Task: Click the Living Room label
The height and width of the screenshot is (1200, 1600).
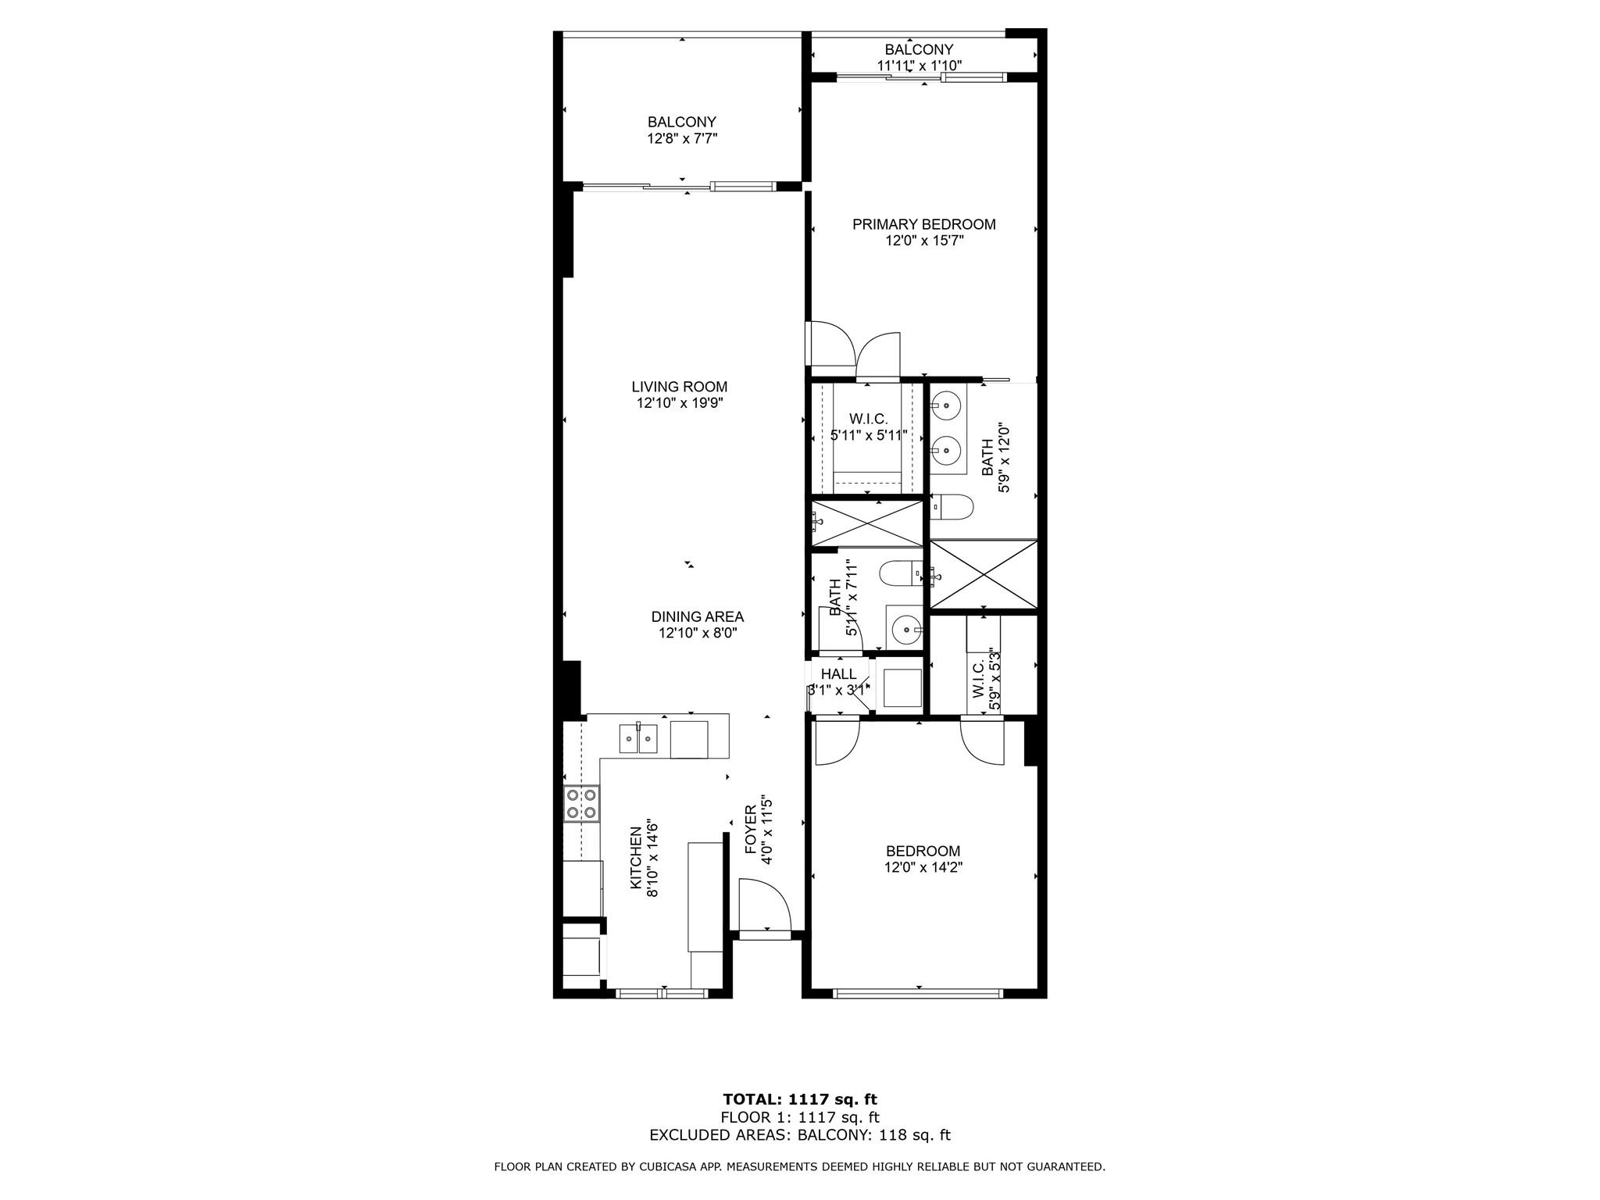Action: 679,387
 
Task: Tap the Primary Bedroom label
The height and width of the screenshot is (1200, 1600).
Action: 923,224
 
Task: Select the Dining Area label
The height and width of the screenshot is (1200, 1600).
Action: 697,617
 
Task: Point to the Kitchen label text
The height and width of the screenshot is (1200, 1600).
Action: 636,858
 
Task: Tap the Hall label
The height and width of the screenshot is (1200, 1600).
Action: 838,674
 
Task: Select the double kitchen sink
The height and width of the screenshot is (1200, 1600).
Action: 638,738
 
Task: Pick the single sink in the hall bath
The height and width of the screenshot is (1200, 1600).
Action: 905,627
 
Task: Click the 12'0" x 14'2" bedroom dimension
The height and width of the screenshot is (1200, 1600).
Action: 923,867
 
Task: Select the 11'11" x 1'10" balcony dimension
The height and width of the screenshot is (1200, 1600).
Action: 919,66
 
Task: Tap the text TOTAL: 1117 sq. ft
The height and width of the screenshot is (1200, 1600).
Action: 800,1099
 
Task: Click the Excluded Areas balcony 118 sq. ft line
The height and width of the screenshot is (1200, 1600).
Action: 800,1135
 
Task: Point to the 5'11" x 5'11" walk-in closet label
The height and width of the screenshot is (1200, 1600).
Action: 868,435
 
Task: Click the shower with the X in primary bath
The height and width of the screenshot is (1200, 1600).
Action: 984,573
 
